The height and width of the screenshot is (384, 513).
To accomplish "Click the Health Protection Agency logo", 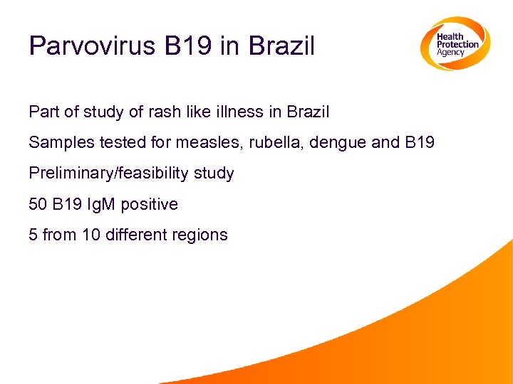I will pyautogui.click(x=454, y=43).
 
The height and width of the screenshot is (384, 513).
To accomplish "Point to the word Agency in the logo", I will pyautogui.click(x=451, y=53).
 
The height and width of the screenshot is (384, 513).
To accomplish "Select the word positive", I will pyautogui.click(x=150, y=204).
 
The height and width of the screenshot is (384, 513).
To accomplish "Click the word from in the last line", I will pyautogui.click(x=59, y=235).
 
